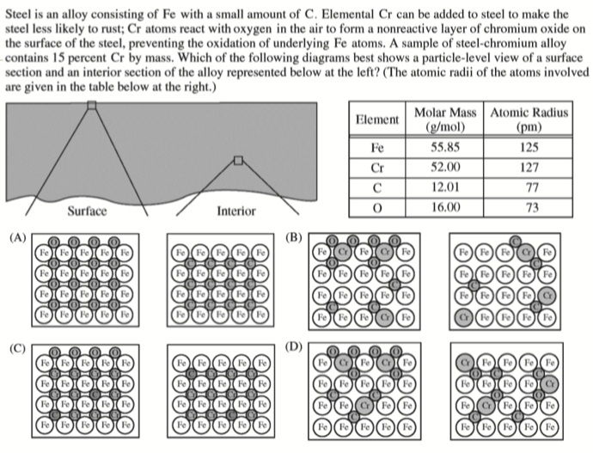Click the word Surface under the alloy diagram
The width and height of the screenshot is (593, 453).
click(x=87, y=211)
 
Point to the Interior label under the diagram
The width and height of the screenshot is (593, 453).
click(x=236, y=211)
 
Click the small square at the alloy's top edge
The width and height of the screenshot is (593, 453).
click(x=92, y=105)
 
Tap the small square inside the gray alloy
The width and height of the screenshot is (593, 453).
click(x=239, y=160)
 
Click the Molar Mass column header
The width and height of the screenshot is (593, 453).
click(x=441, y=119)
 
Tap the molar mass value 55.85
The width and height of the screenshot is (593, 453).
click(x=441, y=148)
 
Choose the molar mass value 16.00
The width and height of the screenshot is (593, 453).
click(x=441, y=207)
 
